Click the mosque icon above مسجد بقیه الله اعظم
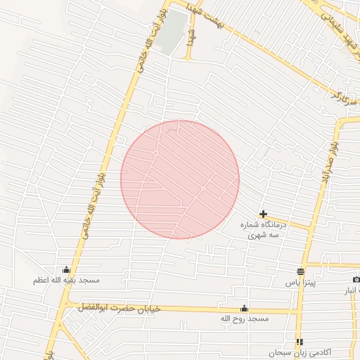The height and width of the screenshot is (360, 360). [x=66, y=269]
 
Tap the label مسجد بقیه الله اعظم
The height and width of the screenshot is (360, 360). [x=66, y=280]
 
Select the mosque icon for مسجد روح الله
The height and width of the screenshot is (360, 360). [x=244, y=308]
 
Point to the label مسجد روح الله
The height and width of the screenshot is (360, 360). [x=244, y=319]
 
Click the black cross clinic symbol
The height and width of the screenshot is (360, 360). [x=263, y=214]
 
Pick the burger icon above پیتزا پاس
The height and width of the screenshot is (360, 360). [x=301, y=271]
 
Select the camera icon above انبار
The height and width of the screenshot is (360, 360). [x=356, y=280]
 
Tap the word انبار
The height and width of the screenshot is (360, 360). [x=351, y=290]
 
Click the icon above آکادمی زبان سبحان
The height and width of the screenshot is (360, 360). [x=300, y=341]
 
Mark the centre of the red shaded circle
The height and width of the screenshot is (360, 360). [x=180, y=179]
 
